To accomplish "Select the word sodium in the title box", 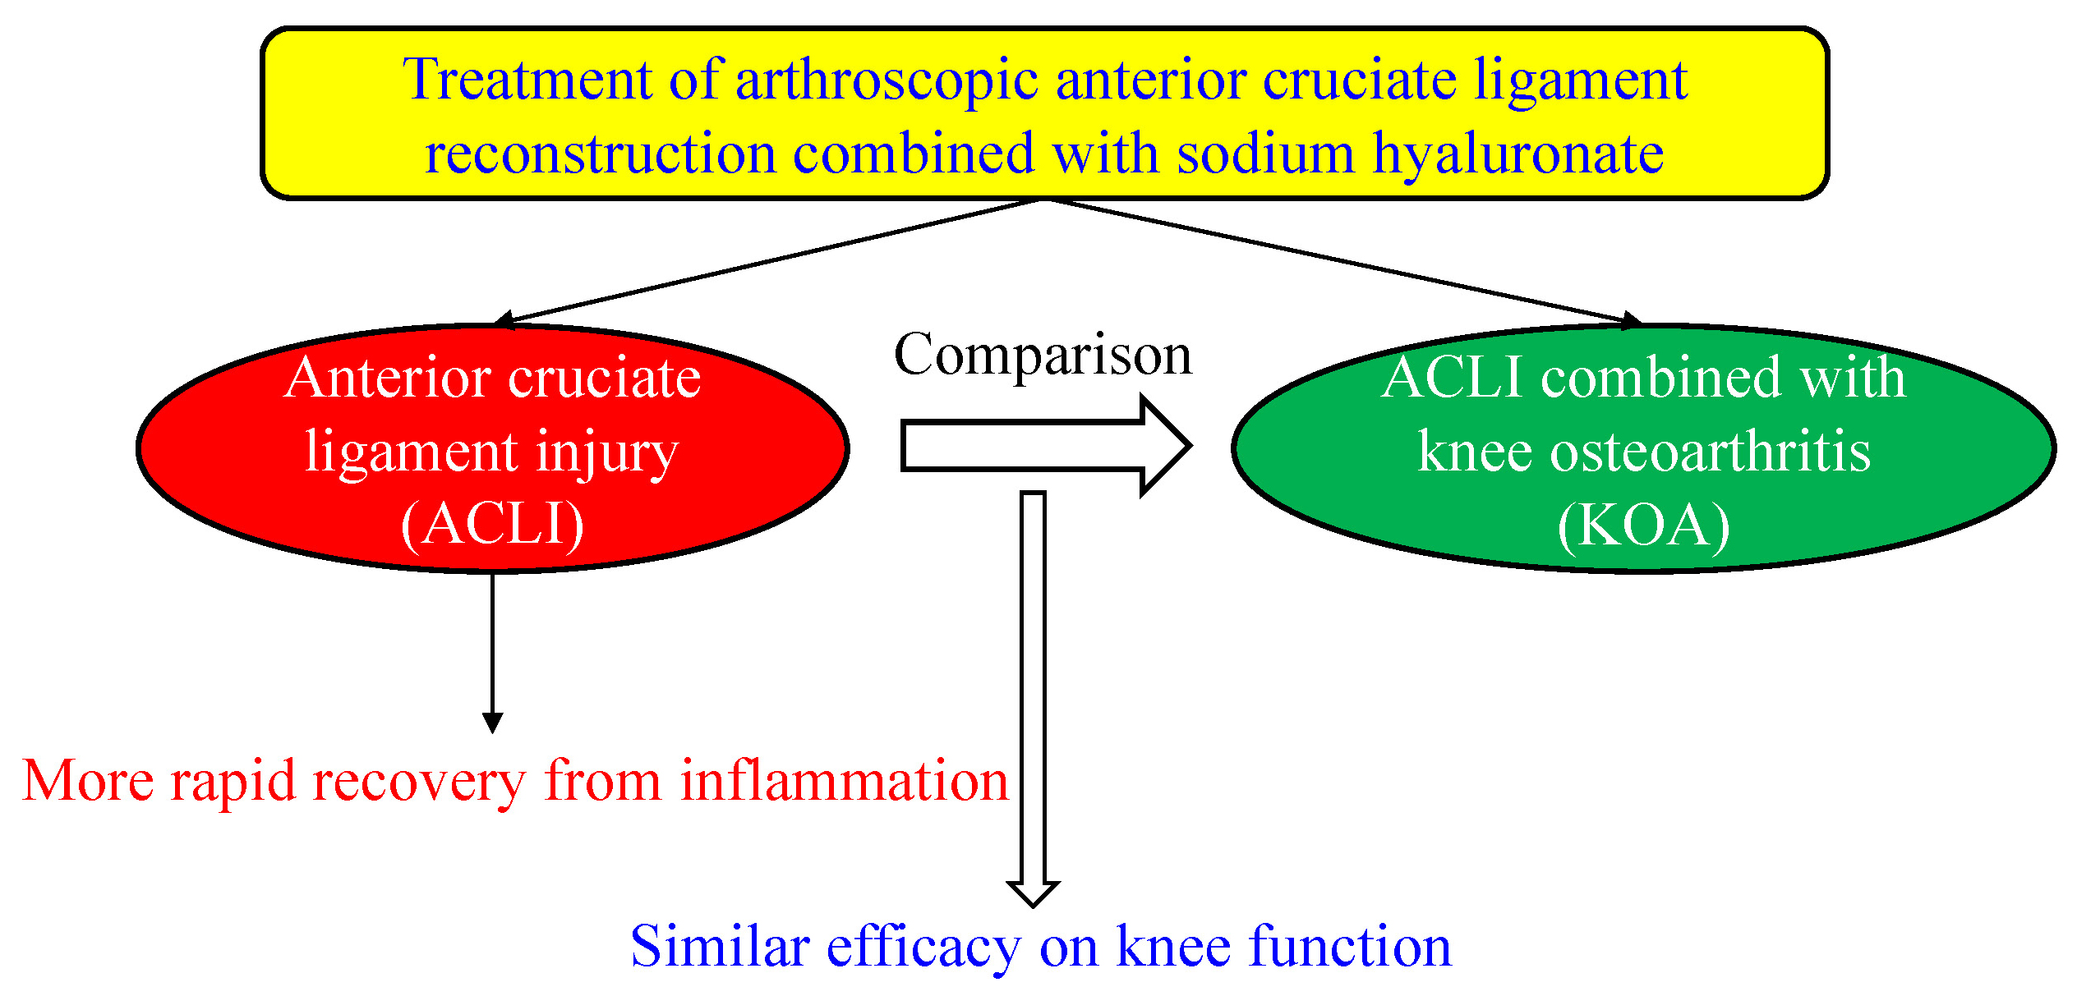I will (1265, 154).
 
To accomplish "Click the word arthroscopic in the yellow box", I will (887, 80).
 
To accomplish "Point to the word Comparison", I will (1043, 355).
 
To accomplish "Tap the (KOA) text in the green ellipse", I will (1643, 525).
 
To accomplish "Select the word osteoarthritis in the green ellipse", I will (1710, 451).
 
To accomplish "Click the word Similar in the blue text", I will (720, 946).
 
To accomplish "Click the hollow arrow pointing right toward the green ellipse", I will (1043, 446).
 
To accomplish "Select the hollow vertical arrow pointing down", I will (1033, 698).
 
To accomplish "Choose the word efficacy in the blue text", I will (923, 946).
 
